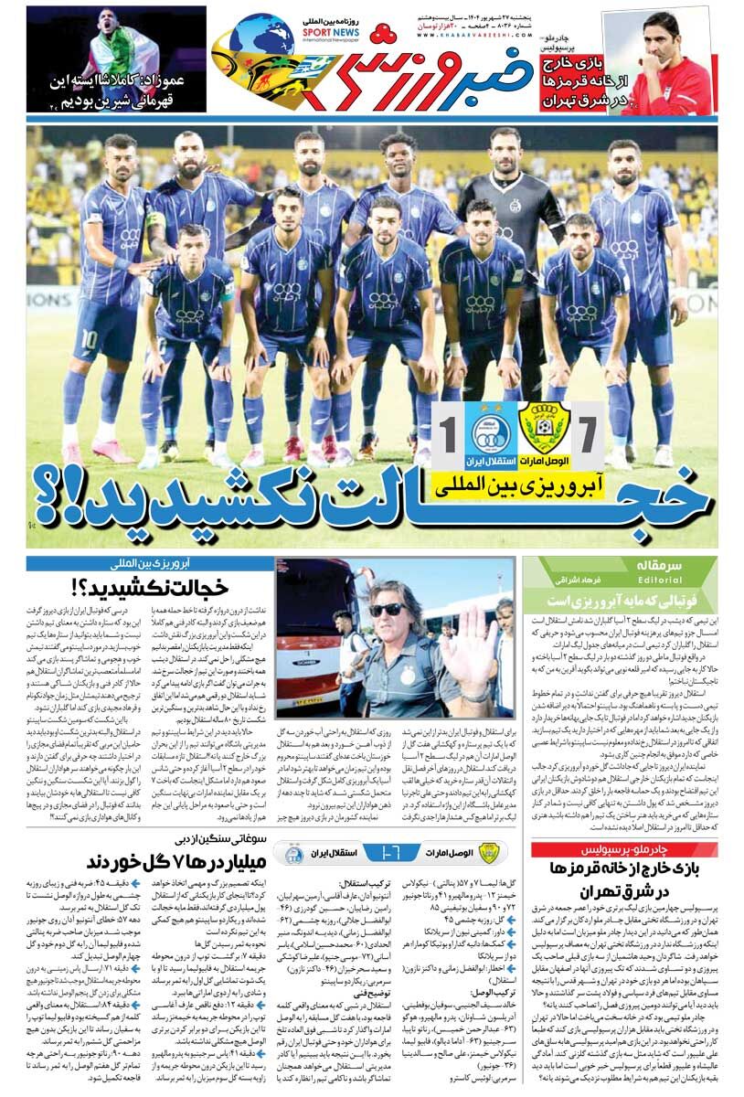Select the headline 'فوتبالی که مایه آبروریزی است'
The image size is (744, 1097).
pos(622,601)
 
